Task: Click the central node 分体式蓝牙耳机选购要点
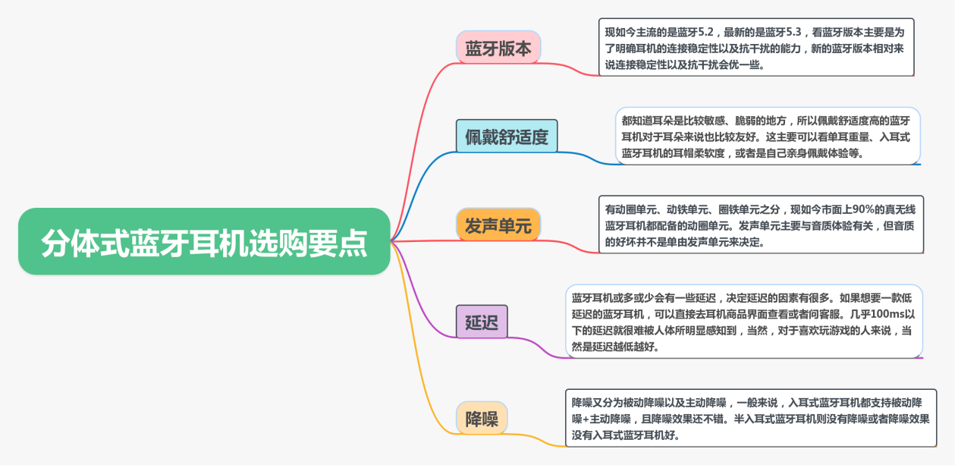(x=203, y=242)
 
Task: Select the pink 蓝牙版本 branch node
(x=498, y=48)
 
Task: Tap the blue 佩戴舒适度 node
(x=506, y=137)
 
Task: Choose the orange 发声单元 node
(x=498, y=225)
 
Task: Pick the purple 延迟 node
(x=481, y=322)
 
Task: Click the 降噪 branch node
(x=482, y=418)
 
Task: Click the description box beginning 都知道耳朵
(x=767, y=137)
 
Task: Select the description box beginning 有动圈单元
(x=761, y=225)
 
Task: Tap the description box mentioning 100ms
(x=743, y=322)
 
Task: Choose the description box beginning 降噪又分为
(x=751, y=418)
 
